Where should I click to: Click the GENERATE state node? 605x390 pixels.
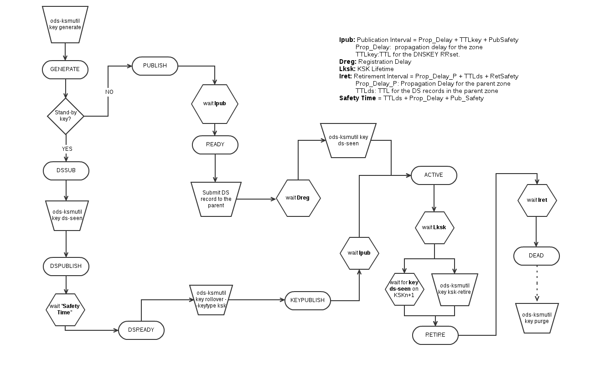(x=65, y=70)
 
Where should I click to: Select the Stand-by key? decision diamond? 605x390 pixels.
(x=66, y=116)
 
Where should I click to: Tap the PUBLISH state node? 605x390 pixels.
(x=155, y=66)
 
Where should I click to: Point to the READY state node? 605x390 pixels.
(x=215, y=145)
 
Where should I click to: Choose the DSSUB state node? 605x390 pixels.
(x=66, y=171)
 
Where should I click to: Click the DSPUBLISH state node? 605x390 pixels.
(x=66, y=266)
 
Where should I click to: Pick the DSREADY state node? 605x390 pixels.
(x=141, y=330)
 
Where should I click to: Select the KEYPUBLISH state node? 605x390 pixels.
(x=308, y=300)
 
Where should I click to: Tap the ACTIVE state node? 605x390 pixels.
(x=434, y=175)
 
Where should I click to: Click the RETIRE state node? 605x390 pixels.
(x=435, y=335)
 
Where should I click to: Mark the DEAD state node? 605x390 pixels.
(x=536, y=256)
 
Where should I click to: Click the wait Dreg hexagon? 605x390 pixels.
(x=298, y=198)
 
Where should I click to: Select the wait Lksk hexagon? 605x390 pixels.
(x=434, y=227)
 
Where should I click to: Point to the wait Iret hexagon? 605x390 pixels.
(x=537, y=200)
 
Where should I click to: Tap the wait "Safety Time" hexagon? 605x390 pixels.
(x=65, y=309)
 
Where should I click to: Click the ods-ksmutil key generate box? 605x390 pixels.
(x=65, y=24)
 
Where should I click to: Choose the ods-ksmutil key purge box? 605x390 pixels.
(x=537, y=318)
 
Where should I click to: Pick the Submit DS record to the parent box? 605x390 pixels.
(x=216, y=199)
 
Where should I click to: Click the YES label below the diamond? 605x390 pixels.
(x=67, y=149)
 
